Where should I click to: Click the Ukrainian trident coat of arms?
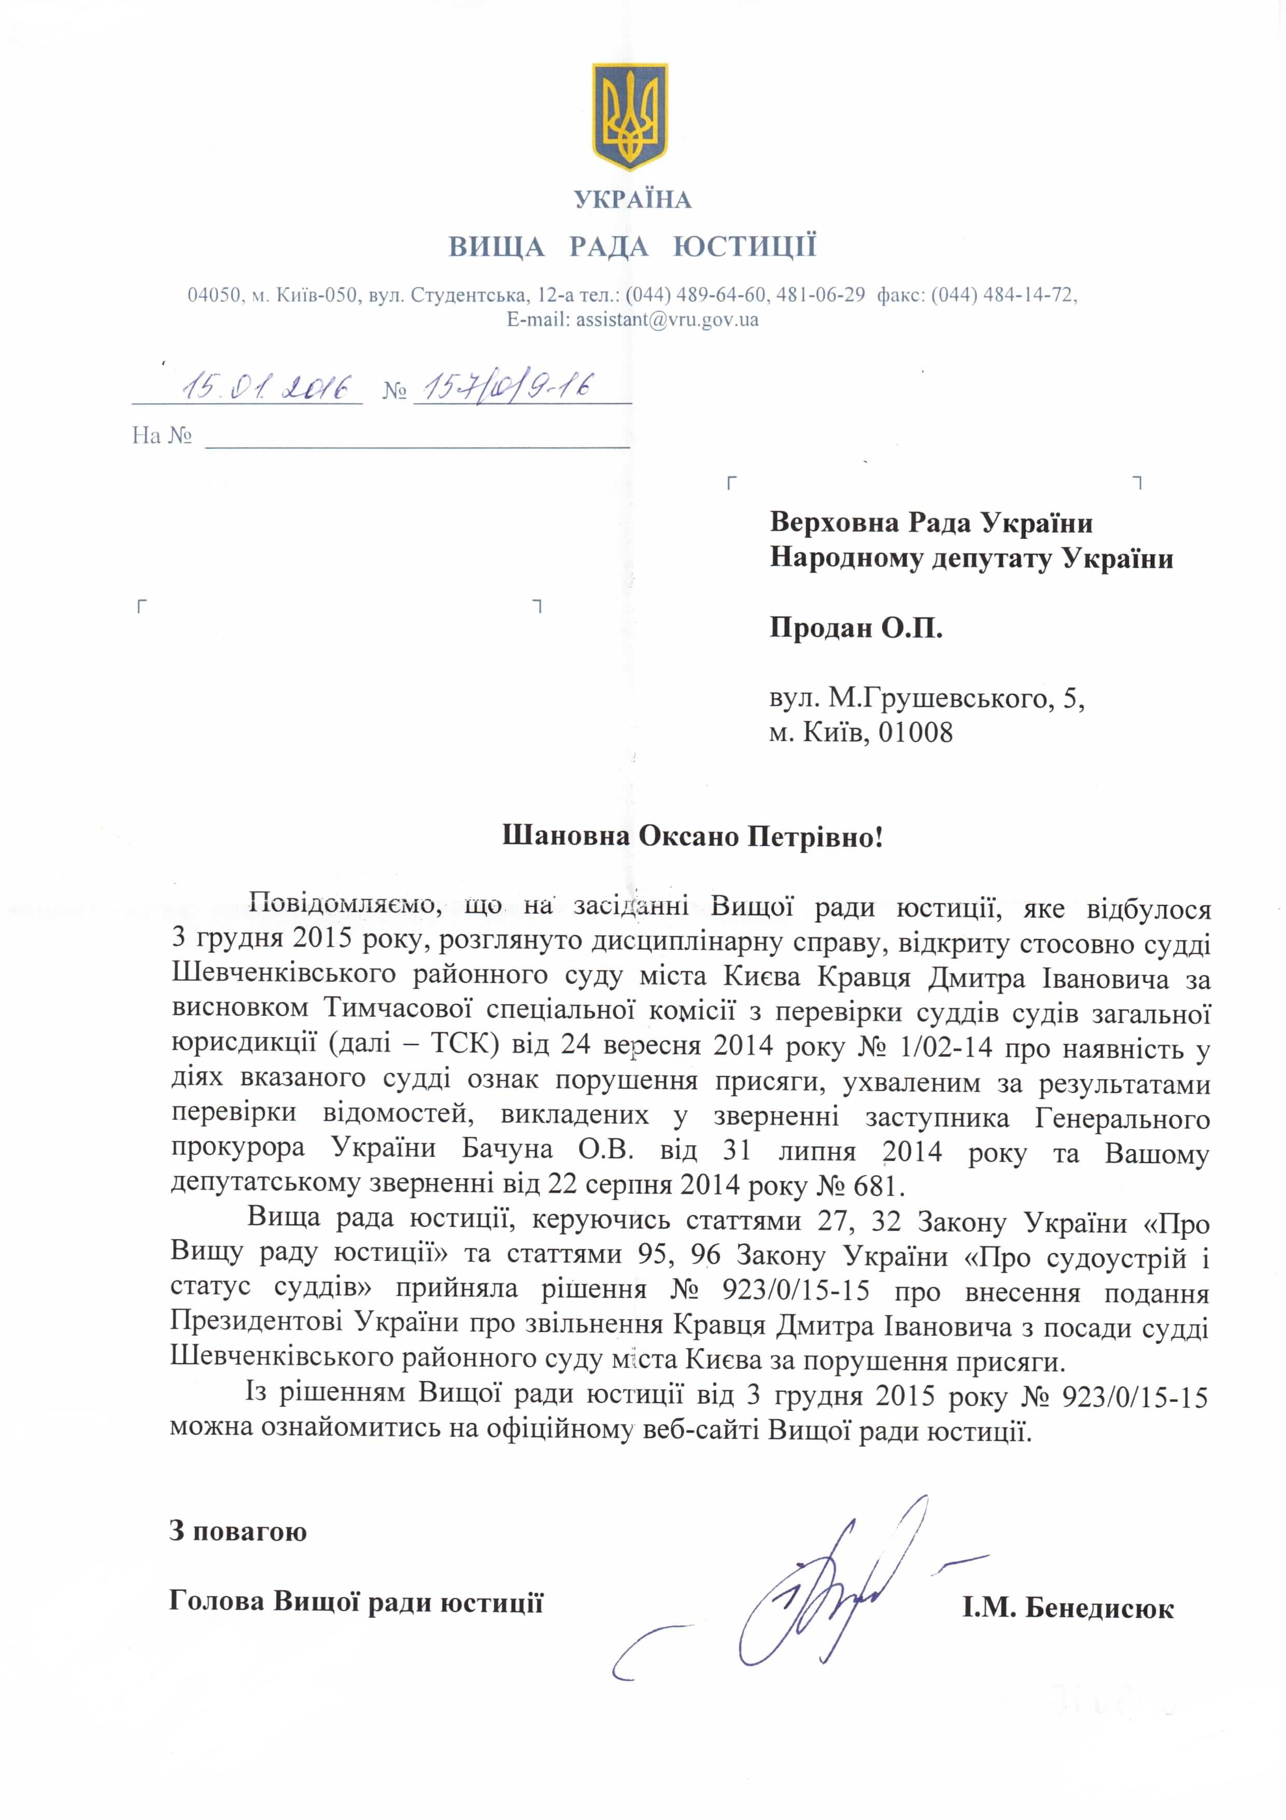631,117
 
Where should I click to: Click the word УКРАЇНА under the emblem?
632,200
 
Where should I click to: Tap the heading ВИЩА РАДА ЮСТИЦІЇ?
632,246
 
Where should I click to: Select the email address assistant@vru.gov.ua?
667,319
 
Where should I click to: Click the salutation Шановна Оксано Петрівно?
693,836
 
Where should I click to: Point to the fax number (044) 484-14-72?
1002,296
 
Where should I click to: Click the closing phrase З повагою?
238,1531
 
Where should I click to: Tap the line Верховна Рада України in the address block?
931,523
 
